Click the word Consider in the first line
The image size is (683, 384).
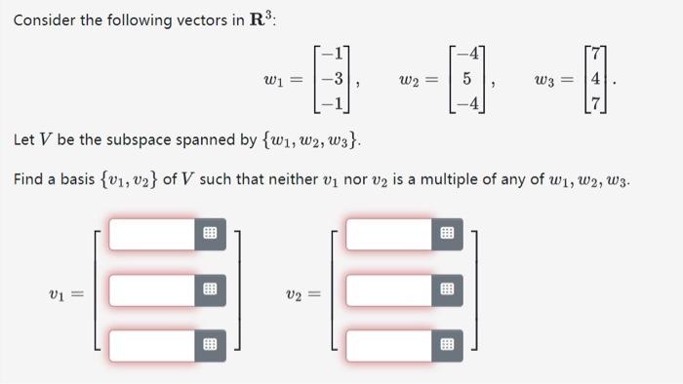click(x=45, y=20)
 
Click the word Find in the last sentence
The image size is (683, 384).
click(x=27, y=180)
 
